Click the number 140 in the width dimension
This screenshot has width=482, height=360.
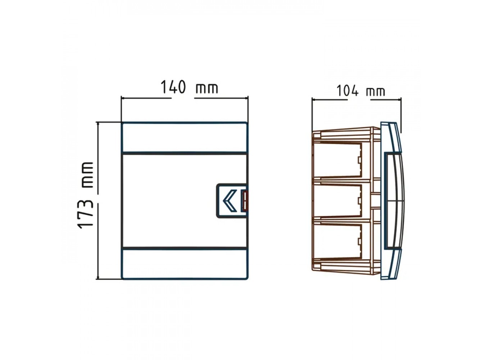pyautogui.click(x=173, y=87)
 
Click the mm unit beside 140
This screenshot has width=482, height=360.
pyautogui.click(x=206, y=88)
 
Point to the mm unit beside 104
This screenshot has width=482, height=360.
pyautogui.click(x=376, y=92)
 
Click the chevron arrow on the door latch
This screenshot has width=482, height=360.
pyautogui.click(x=230, y=201)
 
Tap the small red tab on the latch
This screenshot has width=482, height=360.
pyautogui.click(x=245, y=201)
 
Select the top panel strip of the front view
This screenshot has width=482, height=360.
pyautogui.click(x=184, y=137)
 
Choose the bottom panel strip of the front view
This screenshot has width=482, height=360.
pyautogui.click(x=184, y=264)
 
